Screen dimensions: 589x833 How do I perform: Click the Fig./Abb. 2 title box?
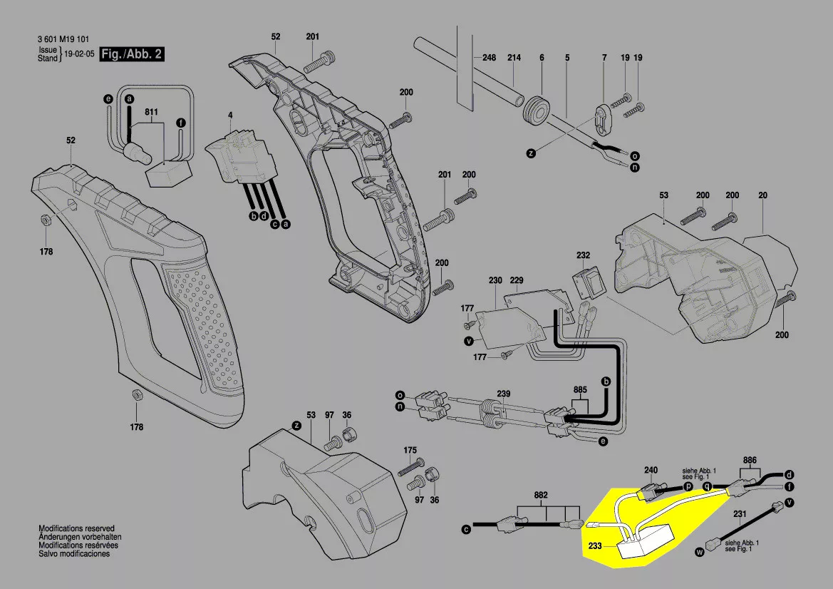click(x=132, y=55)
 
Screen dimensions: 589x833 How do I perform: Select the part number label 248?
click(x=488, y=58)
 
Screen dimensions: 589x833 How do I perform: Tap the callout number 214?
click(x=514, y=58)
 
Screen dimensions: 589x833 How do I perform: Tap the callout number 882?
click(x=542, y=496)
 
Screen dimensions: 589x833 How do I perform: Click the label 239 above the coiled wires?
click(x=504, y=394)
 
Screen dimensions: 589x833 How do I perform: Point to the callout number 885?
click(x=580, y=390)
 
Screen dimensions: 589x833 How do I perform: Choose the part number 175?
click(x=410, y=451)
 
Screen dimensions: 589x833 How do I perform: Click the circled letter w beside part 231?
click(x=699, y=550)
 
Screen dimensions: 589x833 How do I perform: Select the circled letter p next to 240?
click(x=688, y=486)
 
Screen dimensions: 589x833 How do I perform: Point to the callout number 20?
click(x=762, y=195)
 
